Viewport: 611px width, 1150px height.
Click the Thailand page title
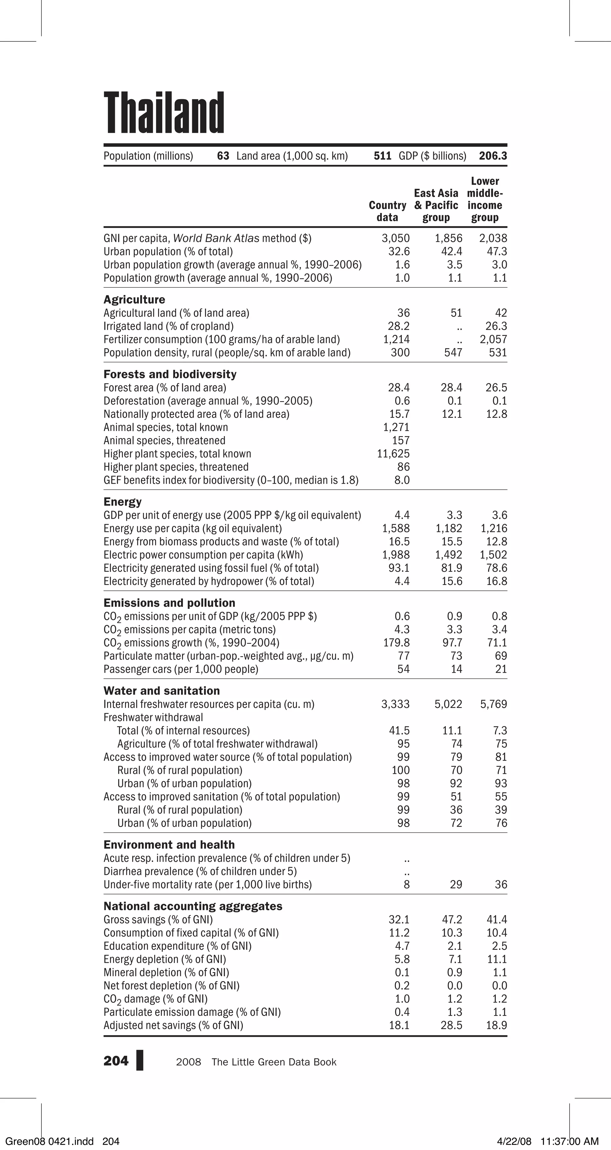point(164,113)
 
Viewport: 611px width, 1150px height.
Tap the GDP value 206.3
point(493,156)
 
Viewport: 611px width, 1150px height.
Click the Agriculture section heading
point(134,300)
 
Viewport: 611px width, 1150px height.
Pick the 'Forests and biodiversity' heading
point(169,374)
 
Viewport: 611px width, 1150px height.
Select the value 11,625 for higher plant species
point(393,454)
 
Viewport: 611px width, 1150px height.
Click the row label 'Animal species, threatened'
point(164,441)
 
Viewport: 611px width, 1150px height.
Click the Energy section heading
point(122,502)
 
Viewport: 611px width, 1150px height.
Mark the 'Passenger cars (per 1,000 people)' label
point(181,669)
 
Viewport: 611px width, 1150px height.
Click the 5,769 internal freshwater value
point(493,704)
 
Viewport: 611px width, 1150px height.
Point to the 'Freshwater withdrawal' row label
point(153,718)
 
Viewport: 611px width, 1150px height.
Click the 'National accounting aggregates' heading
point(193,906)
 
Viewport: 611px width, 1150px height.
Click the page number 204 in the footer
point(115,1061)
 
